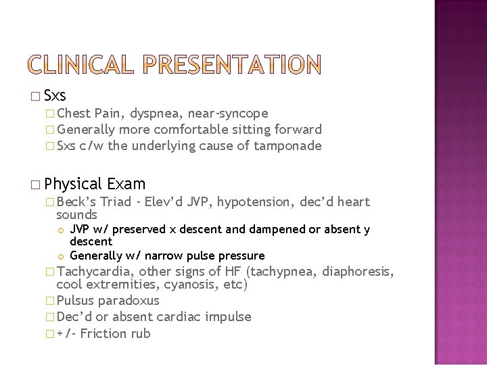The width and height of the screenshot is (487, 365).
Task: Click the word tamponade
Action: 289,145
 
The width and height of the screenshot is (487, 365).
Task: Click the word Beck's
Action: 78,201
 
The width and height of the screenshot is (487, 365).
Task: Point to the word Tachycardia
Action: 96,272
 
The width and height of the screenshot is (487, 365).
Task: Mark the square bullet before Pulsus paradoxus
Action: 51,301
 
